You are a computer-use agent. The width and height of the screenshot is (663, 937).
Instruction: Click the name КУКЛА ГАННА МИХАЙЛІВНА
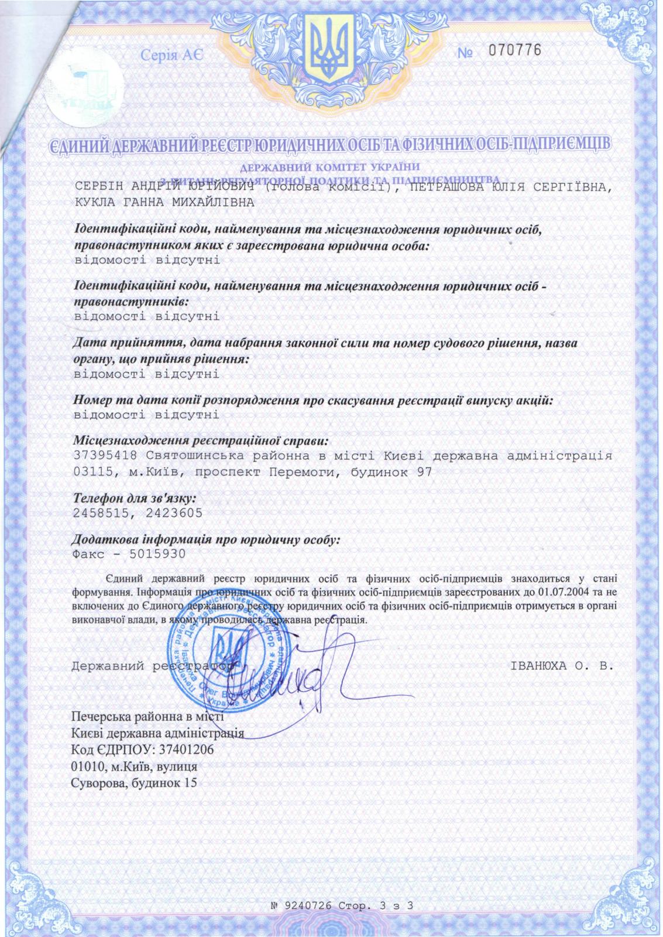pyautogui.click(x=165, y=203)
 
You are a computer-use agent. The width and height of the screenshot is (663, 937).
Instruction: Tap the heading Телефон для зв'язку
pyautogui.click(x=134, y=498)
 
